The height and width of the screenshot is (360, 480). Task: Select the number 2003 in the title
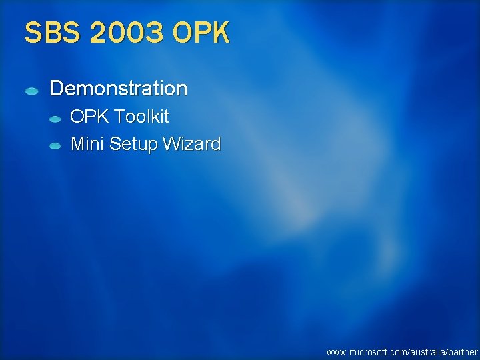pos(126,33)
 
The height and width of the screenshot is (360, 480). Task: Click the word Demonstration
pos(119,88)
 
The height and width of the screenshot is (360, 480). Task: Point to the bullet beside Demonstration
pos(31,90)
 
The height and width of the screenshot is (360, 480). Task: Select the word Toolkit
pos(141,117)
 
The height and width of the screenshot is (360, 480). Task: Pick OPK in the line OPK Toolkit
pos(89,117)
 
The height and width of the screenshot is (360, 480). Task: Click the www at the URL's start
pos(335,351)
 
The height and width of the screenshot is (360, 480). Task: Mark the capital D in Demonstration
pos(56,88)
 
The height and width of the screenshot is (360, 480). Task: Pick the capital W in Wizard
pos(175,143)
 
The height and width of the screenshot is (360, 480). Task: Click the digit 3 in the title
pos(153,33)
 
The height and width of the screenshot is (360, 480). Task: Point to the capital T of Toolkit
pos(118,117)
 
